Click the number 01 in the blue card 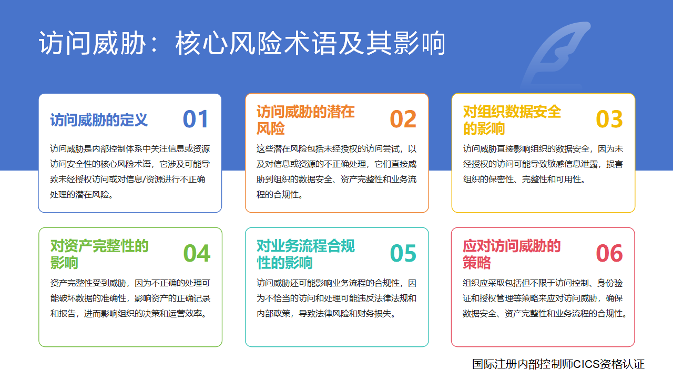(x=196, y=119)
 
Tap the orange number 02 (x=403, y=119)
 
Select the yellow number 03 (x=609, y=119)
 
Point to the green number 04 (x=197, y=253)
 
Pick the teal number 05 (x=403, y=253)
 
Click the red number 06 (x=609, y=253)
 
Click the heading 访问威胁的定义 (x=99, y=120)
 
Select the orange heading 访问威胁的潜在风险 (x=305, y=120)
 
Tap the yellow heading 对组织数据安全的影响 (x=512, y=120)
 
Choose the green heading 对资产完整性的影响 (x=99, y=254)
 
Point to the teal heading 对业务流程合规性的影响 (x=305, y=254)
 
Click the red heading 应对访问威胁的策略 (x=512, y=254)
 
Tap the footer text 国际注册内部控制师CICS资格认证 (x=558, y=364)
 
